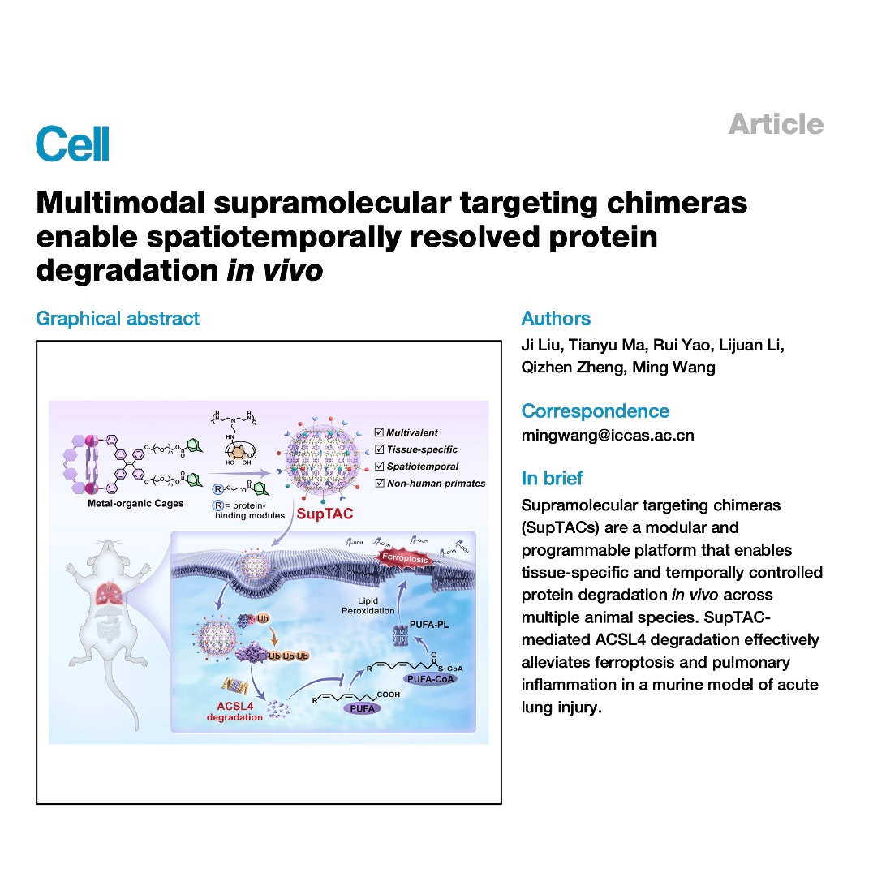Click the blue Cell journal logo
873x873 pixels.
72,144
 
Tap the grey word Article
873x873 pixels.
775,124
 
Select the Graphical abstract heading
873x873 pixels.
118,318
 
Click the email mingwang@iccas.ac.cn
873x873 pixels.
608,436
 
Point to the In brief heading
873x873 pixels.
552,478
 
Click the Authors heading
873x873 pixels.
556,318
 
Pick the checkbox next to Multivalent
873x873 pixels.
379,432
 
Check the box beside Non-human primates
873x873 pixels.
379,483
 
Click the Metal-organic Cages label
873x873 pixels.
135,503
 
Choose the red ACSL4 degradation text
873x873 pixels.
234,712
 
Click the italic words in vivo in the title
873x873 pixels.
274,271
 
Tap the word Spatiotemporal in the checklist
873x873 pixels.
423,467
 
